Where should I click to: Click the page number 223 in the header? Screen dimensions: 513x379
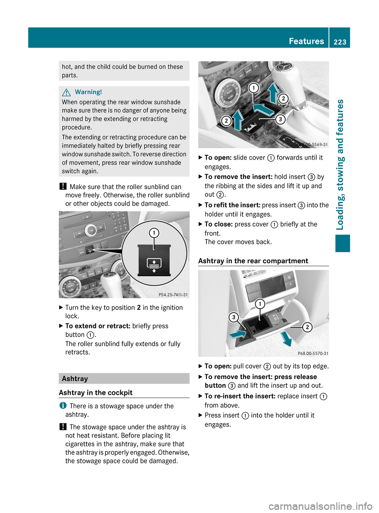coord(340,42)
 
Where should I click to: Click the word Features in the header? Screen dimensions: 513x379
coord(306,41)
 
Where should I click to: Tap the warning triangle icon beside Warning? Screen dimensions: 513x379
coord(66,92)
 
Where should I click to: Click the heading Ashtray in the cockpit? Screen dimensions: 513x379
coord(96,392)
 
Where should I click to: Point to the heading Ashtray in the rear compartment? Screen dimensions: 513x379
coord(253,261)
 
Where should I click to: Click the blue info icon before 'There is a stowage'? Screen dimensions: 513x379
coord(63,405)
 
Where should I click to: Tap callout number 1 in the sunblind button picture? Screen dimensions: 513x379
coord(154,233)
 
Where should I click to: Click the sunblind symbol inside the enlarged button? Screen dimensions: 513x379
coord(154,265)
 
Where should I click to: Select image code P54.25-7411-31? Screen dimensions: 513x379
coord(173,294)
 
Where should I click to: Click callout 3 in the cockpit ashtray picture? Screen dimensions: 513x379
coord(280,119)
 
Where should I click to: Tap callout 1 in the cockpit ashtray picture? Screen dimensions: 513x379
coord(253,88)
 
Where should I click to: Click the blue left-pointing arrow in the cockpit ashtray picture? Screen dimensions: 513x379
coord(263,109)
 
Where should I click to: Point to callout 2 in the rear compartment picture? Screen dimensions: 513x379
coord(307,327)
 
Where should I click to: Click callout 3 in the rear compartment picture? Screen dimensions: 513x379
coord(234,317)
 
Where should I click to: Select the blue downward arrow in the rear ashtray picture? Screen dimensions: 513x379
coord(286,338)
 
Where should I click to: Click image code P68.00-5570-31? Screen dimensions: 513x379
coord(313,353)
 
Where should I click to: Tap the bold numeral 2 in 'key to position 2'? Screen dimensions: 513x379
coord(139,308)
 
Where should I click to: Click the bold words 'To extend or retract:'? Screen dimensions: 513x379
coord(98,326)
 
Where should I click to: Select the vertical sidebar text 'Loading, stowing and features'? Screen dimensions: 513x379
coord(340,164)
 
